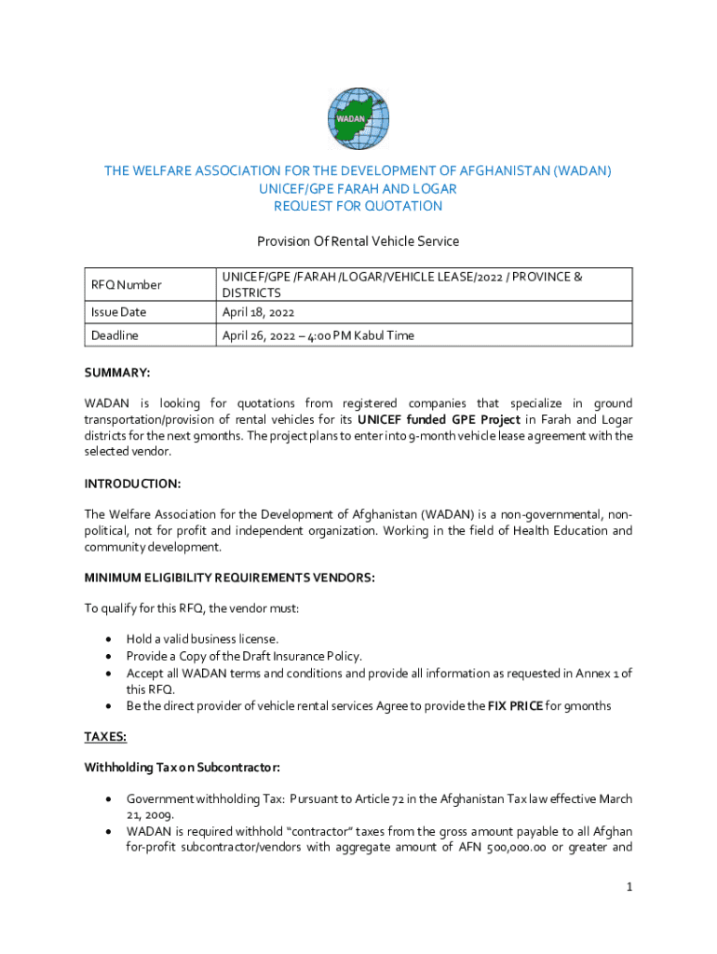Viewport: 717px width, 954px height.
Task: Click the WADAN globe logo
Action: tap(358, 119)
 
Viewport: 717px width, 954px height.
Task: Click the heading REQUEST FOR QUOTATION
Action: tap(358, 206)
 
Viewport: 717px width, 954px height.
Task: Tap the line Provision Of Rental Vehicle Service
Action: tap(358, 241)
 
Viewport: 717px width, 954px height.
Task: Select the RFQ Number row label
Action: tap(126, 285)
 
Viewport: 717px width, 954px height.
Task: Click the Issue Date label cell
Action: tap(118, 312)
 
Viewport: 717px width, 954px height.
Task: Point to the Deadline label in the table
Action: tap(114, 335)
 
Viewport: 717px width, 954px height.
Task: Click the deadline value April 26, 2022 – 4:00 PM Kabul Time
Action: tap(318, 335)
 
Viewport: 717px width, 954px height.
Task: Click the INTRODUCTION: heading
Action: tap(132, 484)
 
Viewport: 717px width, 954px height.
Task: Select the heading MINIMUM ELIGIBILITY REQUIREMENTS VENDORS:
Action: tap(229, 578)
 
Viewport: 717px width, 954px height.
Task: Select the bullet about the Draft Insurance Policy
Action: tap(244, 656)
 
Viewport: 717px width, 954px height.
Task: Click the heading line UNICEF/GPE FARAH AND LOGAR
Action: tap(358, 188)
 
